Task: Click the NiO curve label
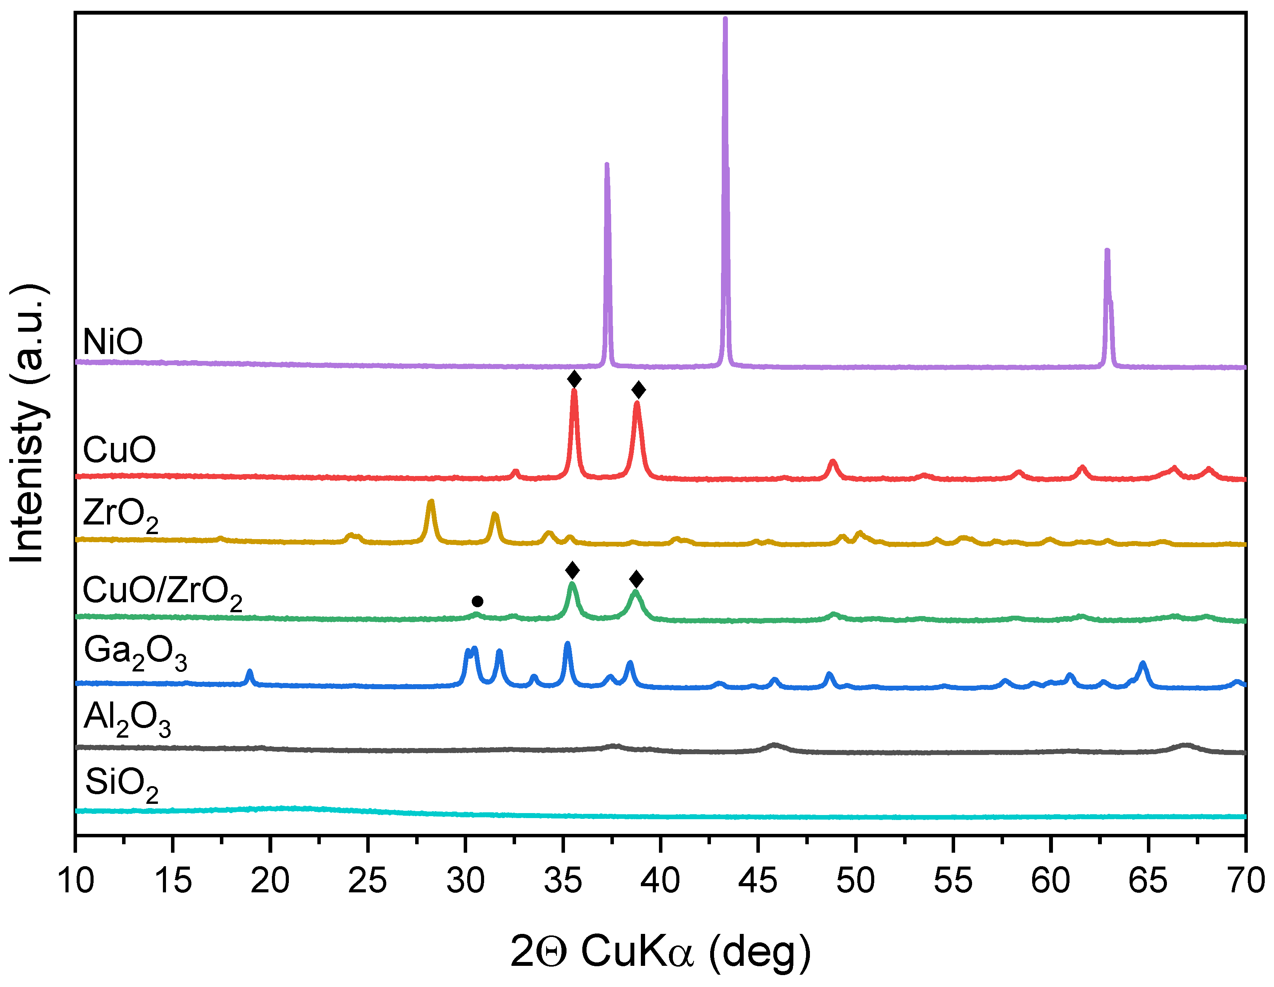[x=112, y=342]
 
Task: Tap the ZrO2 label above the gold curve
[x=120, y=515]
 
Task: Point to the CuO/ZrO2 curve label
[x=162, y=592]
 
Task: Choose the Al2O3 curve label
[x=127, y=718]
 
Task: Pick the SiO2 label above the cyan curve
[x=121, y=784]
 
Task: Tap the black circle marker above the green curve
[x=477, y=601]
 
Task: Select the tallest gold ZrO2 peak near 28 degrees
[x=431, y=502]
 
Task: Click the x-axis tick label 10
[x=75, y=881]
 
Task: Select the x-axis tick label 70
[x=1245, y=881]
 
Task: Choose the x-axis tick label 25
[x=367, y=881]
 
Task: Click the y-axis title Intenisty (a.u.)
[x=28, y=424]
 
